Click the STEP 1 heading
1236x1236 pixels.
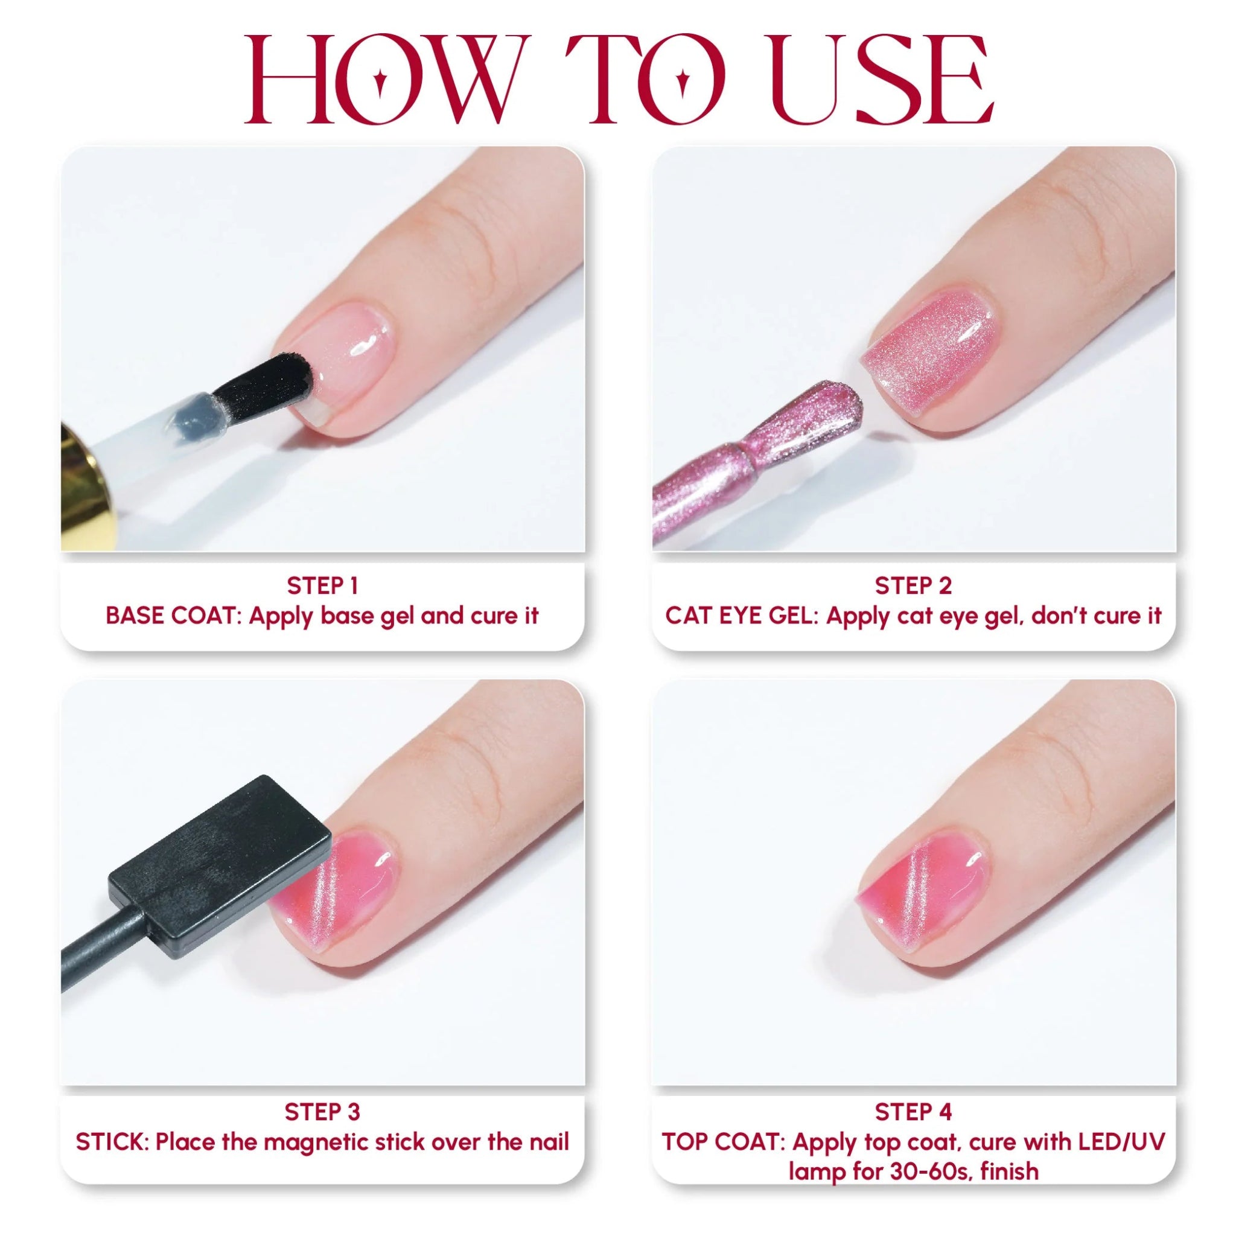(x=322, y=585)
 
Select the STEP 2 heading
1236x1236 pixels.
(x=913, y=585)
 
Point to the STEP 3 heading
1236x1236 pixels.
(x=322, y=1112)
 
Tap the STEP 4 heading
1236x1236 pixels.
(x=913, y=1112)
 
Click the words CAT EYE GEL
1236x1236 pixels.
(x=741, y=616)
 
